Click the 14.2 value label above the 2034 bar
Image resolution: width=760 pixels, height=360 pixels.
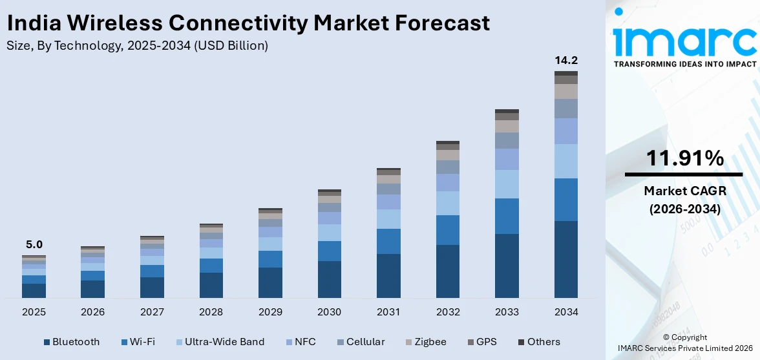click(566, 61)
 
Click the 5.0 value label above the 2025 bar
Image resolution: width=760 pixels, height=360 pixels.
click(34, 245)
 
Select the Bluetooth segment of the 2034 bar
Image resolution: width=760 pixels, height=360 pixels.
click(566, 259)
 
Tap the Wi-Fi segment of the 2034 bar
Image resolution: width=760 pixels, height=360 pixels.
click(566, 200)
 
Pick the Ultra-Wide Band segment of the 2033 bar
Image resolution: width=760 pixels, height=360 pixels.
click(507, 184)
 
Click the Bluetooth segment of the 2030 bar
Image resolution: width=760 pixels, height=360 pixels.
click(330, 279)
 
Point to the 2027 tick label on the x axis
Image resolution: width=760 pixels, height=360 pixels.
click(152, 312)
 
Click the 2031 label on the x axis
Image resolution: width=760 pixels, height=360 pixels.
click(388, 312)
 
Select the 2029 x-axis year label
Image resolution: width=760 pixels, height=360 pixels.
click(270, 312)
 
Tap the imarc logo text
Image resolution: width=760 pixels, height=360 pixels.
click(684, 41)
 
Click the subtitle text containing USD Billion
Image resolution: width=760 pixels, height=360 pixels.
click(137, 45)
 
